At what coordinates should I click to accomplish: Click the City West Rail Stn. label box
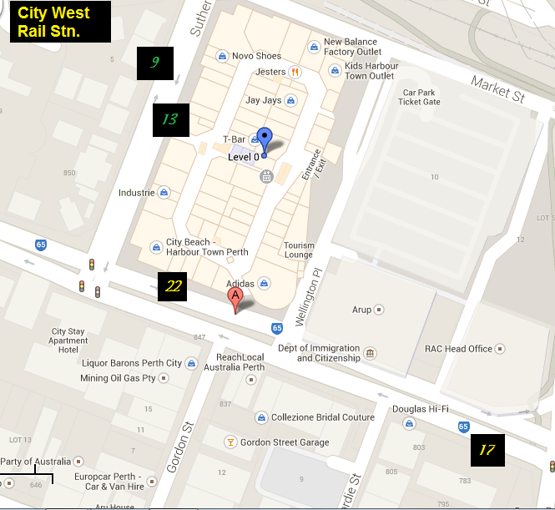pyautogui.click(x=60, y=23)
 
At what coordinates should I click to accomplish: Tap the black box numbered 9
pyautogui.click(x=154, y=63)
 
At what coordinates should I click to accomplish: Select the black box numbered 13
pyautogui.click(x=170, y=120)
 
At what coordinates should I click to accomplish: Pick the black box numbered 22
pyautogui.click(x=174, y=286)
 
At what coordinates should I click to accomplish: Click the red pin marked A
pyautogui.click(x=236, y=300)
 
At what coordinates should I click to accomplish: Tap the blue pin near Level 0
pyautogui.click(x=265, y=140)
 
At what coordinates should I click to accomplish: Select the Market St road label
pyautogui.click(x=497, y=88)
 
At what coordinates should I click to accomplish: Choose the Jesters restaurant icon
pyautogui.click(x=295, y=72)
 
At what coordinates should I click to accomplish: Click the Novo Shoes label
pyautogui.click(x=256, y=56)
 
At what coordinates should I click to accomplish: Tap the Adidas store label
pyautogui.click(x=240, y=284)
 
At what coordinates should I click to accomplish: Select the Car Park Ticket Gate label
pyautogui.click(x=419, y=97)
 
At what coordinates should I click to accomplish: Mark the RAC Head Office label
pyautogui.click(x=458, y=349)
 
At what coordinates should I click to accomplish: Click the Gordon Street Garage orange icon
pyautogui.click(x=230, y=442)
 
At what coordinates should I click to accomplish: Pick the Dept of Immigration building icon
pyautogui.click(x=370, y=353)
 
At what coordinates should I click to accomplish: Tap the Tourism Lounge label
pyautogui.click(x=298, y=250)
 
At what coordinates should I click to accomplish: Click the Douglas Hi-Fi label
pyautogui.click(x=421, y=409)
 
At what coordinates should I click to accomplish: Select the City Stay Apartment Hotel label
pyautogui.click(x=68, y=341)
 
